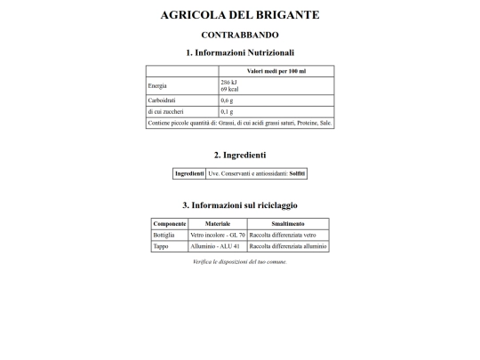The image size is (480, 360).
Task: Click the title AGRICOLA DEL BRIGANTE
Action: (240, 15)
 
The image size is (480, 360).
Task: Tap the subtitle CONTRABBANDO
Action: (240, 35)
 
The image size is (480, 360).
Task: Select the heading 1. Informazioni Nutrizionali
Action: (240, 52)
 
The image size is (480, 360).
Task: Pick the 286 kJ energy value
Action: (228, 82)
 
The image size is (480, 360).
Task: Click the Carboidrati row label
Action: (163, 100)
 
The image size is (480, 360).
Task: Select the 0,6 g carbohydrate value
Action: (227, 100)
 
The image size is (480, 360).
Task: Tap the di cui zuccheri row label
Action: (165, 112)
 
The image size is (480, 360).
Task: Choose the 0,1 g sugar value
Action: (227, 112)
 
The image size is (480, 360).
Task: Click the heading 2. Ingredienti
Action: (240, 155)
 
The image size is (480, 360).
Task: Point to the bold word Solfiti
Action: (297, 173)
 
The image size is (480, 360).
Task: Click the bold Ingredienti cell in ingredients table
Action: (189, 173)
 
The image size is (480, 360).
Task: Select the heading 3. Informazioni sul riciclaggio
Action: (240, 205)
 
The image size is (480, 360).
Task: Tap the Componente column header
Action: (170, 223)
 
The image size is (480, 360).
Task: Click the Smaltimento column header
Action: (288, 223)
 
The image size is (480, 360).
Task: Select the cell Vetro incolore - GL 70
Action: (216, 235)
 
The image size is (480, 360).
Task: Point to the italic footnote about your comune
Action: (240, 262)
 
